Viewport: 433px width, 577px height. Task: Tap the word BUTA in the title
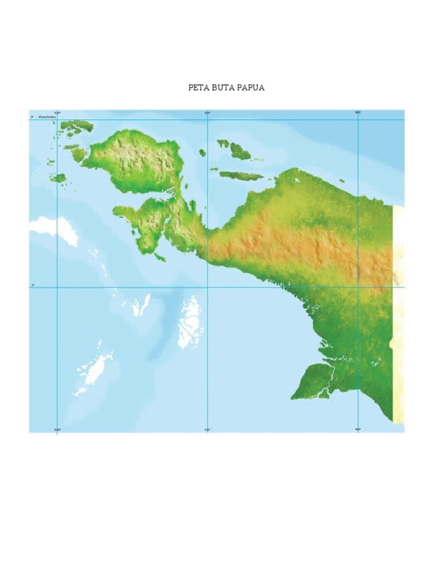tap(222, 88)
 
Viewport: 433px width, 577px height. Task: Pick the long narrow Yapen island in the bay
tap(241, 176)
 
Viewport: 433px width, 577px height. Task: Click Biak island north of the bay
tap(239, 150)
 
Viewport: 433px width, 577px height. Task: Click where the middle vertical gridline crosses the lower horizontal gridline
tap(207, 287)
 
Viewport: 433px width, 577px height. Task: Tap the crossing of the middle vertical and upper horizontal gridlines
tap(207, 119)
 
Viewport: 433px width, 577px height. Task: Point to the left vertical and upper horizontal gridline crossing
tap(57, 119)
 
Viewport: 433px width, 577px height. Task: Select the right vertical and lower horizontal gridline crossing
tap(358, 287)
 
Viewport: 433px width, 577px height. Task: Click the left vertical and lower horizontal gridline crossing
tap(57, 287)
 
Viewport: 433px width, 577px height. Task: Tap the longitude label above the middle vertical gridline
tap(207, 113)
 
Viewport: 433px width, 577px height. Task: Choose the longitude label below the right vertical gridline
tap(357, 430)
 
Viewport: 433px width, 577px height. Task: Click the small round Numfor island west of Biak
tap(202, 152)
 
